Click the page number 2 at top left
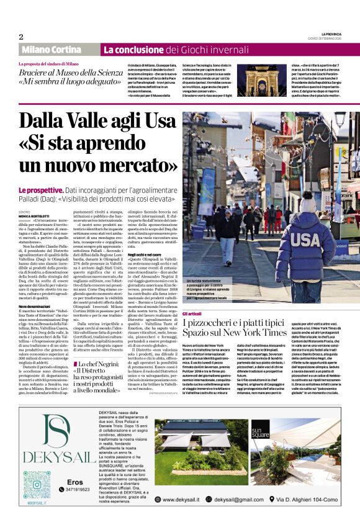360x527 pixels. [x=20, y=37]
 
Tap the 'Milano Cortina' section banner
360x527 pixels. [x=57, y=49]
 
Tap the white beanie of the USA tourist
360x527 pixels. [x=308, y=202]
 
